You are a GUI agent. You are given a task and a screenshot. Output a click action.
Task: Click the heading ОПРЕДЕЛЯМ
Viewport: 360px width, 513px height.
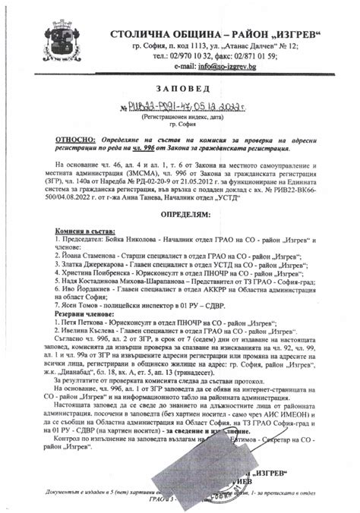179,216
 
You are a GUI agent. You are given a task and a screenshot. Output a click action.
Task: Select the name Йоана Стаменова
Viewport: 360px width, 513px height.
90,257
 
